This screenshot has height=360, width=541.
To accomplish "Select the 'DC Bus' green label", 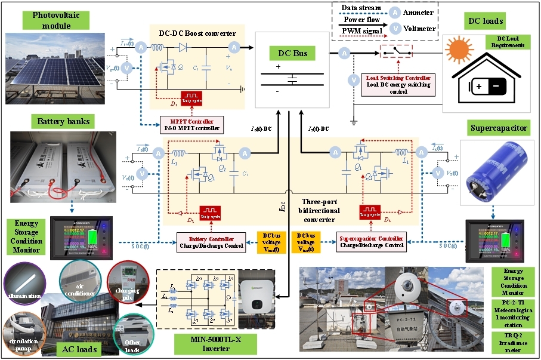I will tap(292, 54).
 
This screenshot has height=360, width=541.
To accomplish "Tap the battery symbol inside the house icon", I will tap(490, 88).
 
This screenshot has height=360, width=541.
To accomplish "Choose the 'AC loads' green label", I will tap(79, 348).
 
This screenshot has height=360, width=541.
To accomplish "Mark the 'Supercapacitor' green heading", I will tap(499, 128).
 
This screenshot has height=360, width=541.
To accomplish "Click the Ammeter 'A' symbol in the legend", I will tap(395, 11).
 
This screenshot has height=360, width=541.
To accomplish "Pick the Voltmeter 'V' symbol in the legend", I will tap(395, 27).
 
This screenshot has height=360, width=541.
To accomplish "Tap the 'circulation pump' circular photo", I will tap(23, 335).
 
